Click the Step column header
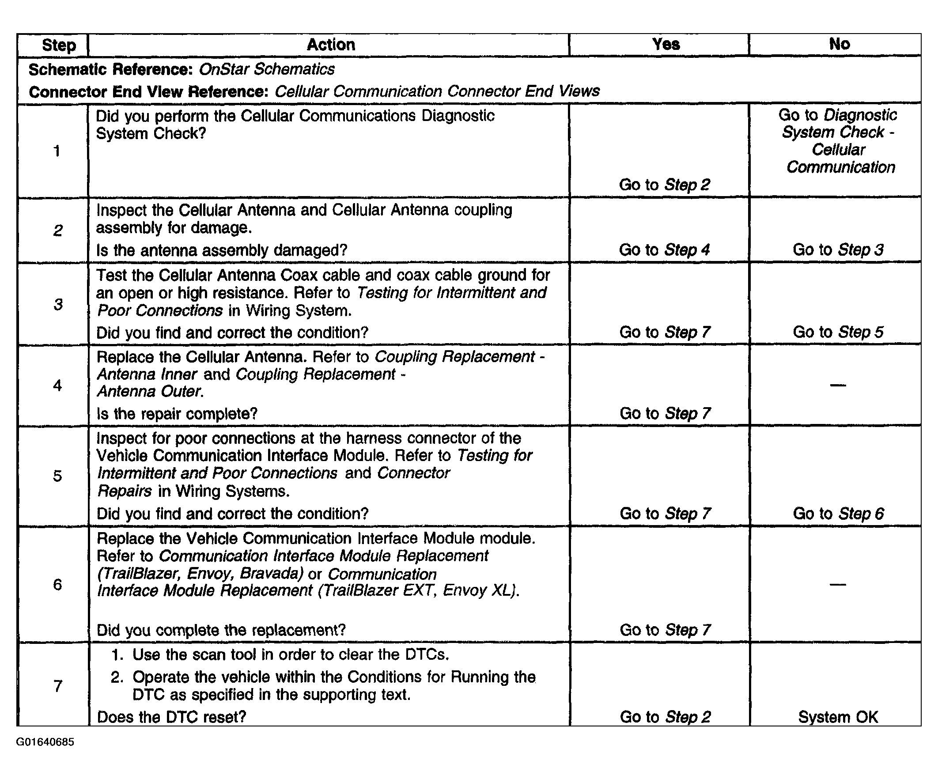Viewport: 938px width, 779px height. (58, 45)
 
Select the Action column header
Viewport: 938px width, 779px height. (330, 45)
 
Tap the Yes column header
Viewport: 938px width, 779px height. (666, 44)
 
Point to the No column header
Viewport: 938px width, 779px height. (839, 44)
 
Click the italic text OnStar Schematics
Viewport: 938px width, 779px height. (267, 69)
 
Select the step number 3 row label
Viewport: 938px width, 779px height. (58, 304)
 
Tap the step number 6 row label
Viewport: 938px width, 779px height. (57, 584)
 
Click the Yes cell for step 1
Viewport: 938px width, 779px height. (664, 185)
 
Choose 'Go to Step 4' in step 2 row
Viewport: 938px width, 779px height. (664, 250)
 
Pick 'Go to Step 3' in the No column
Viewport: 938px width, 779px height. (838, 250)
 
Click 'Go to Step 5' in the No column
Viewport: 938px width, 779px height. (838, 332)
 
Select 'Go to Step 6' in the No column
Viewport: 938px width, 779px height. (838, 514)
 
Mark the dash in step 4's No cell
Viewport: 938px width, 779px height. (838, 385)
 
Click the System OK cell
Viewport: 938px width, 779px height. (838, 717)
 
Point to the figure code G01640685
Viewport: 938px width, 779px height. (45, 742)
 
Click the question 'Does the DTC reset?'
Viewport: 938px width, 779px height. (171, 717)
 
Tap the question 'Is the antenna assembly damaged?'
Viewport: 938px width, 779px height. (222, 250)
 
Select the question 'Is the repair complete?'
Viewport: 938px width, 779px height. (177, 414)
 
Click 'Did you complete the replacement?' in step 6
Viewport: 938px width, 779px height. (221, 630)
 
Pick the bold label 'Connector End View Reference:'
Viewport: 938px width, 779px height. (148, 92)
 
